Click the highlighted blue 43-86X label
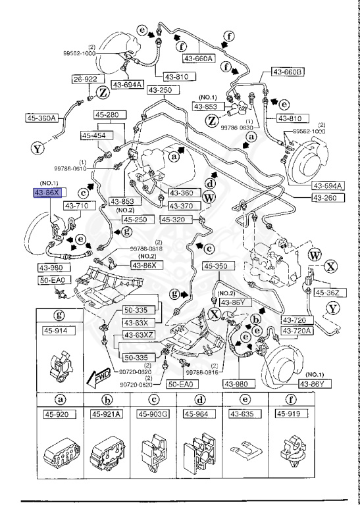[x=47, y=193]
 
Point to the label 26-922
[x=86, y=80]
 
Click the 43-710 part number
[x=76, y=206]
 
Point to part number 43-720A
[x=298, y=330]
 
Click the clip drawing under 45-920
[x=61, y=453]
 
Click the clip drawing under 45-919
[x=291, y=453]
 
